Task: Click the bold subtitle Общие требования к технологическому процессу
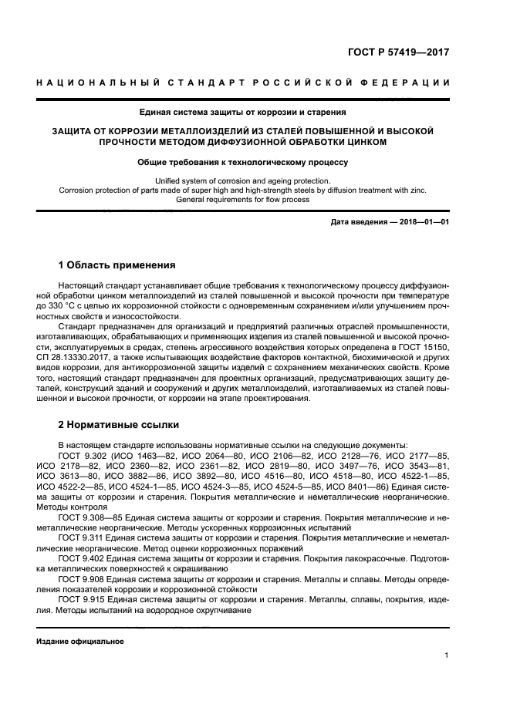243,163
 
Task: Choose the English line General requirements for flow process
243,200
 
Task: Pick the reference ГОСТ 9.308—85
87,517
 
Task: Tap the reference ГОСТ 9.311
80,537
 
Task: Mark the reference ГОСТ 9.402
80,558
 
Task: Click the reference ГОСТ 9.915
80,598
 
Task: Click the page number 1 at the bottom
447,655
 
